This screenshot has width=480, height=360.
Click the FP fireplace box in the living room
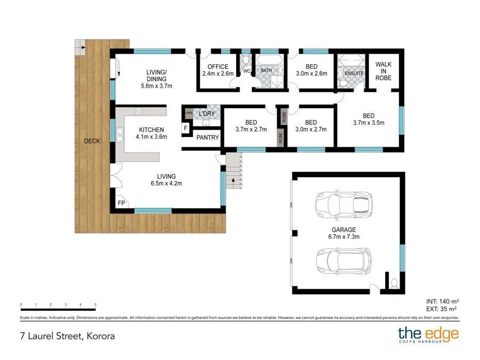(x=121, y=203)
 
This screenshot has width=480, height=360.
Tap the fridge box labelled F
(x=185, y=128)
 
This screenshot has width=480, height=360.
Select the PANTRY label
(x=207, y=138)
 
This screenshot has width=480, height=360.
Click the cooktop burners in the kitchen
(x=139, y=111)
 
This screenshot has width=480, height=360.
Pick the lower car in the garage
(x=343, y=260)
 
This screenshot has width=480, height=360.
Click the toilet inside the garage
(x=394, y=283)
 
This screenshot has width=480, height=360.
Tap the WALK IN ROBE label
(x=383, y=71)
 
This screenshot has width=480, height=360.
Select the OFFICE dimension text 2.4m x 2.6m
(x=218, y=74)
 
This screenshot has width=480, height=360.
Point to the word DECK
(x=92, y=141)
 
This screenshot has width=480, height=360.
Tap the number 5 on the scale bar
(x=95, y=305)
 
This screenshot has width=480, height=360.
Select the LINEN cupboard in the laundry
(x=188, y=113)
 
